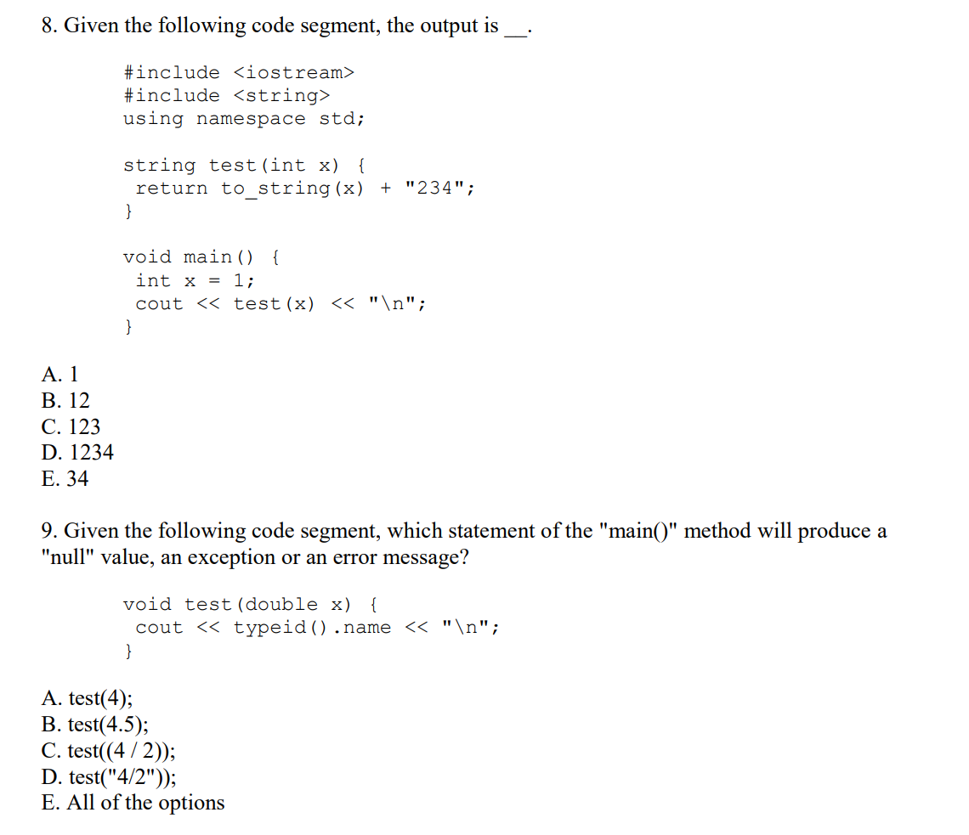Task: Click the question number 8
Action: coord(50,25)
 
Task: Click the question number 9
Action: coord(49,532)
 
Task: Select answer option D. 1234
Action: coord(77,453)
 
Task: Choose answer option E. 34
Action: coord(65,479)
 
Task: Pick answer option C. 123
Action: coord(71,426)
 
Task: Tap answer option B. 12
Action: coord(65,400)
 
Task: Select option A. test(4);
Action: coord(87,698)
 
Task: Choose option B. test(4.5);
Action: coord(94,725)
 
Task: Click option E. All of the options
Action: coord(133,803)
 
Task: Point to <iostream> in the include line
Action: coord(293,73)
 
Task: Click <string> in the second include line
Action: coord(281,96)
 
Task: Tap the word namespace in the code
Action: coord(251,119)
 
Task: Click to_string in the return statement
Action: coord(275,189)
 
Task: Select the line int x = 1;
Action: coord(195,280)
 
